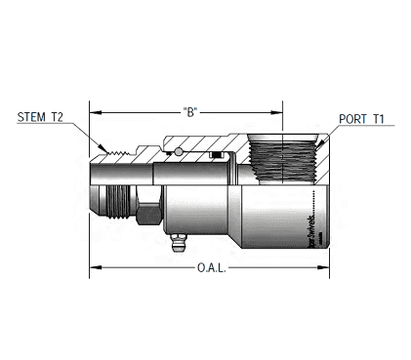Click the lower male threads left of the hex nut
pos(117,206)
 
